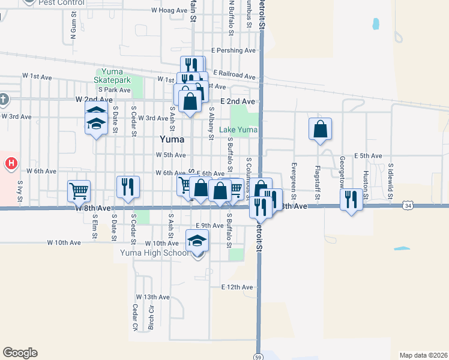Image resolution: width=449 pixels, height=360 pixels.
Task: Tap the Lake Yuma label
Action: pyautogui.click(x=238, y=130)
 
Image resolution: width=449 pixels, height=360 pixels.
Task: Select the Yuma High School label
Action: pyautogui.click(x=155, y=252)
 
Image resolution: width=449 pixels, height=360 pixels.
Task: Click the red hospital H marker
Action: pyautogui.click(x=11, y=163)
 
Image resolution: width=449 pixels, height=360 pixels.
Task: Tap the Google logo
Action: pyautogui.click(x=20, y=353)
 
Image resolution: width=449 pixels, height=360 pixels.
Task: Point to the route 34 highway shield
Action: pyautogui.click(x=408, y=206)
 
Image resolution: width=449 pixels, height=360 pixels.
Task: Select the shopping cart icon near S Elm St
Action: pyautogui.click(x=79, y=191)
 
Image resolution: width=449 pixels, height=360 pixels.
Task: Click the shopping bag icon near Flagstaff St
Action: pyautogui.click(x=321, y=128)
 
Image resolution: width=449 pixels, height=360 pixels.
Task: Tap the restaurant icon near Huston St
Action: pyautogui.click(x=351, y=199)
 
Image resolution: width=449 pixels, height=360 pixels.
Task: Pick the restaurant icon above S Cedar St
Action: pyautogui.click(x=127, y=187)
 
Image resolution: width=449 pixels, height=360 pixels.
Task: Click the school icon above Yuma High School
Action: pyautogui.click(x=197, y=240)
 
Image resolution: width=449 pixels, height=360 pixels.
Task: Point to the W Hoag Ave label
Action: pyautogui.click(x=169, y=10)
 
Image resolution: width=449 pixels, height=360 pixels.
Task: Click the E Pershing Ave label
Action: pyautogui.click(x=234, y=50)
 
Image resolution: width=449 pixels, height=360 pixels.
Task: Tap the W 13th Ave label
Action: pyautogui.click(x=153, y=297)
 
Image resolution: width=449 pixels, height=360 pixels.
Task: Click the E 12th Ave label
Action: pyautogui.click(x=238, y=287)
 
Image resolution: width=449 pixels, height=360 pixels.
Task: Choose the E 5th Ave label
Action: pyautogui.click(x=368, y=156)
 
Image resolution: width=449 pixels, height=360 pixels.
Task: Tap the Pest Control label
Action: pyautogui.click(x=58, y=2)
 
